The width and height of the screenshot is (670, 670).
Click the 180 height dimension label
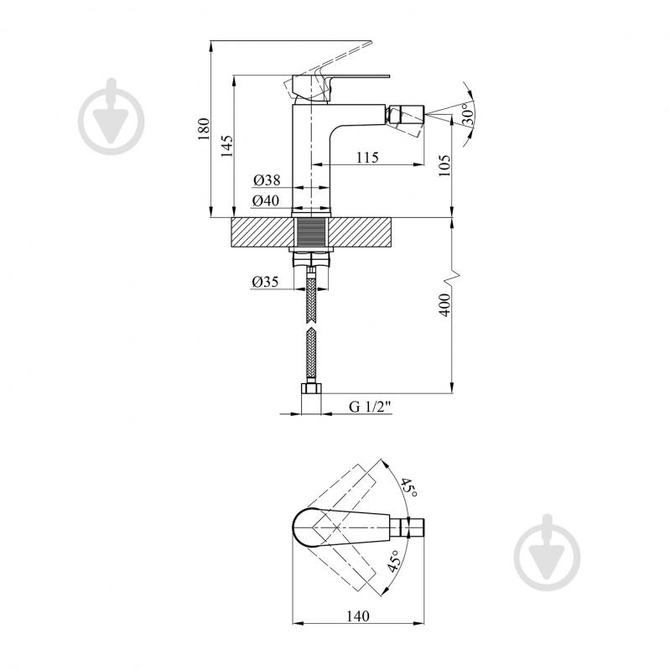tap(204, 128)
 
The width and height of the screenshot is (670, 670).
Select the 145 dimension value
tap(227, 146)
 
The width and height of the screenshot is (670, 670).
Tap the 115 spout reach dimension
tap(367, 158)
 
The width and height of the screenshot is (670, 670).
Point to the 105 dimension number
tap(444, 165)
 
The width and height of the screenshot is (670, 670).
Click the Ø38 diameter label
tap(267, 180)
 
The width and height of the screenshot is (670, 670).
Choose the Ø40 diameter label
tap(266, 200)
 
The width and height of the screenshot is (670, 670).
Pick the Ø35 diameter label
tap(265, 282)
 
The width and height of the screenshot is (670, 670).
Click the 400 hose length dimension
tap(444, 304)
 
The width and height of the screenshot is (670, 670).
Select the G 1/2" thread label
tap(370, 407)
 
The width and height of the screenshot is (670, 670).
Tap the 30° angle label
tap(467, 114)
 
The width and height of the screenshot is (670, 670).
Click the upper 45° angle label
tap(408, 487)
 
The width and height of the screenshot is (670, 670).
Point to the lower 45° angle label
tap(394, 561)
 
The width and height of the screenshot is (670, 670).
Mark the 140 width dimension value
tap(358, 615)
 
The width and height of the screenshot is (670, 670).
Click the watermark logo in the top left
tap(111, 117)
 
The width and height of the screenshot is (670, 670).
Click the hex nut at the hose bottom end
tap(311, 388)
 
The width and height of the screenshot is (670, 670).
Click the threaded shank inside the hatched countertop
tap(311, 232)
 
